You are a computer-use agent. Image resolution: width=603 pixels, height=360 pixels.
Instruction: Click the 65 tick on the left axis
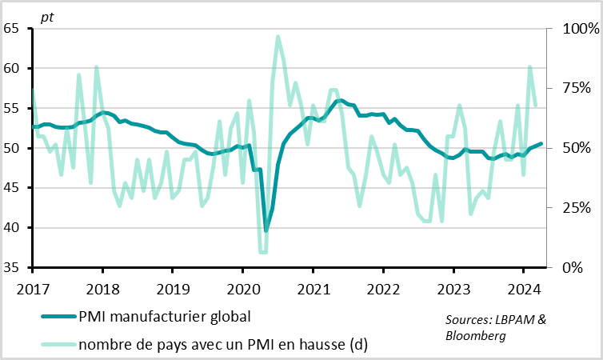click(x=12, y=29)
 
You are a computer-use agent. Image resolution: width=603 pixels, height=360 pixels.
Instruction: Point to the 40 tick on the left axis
click(x=12, y=228)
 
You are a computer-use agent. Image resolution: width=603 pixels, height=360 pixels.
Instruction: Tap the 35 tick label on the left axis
click(x=12, y=268)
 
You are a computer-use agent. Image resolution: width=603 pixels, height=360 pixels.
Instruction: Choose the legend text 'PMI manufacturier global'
click(x=164, y=316)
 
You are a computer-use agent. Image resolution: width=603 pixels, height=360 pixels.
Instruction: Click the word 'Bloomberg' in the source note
click(x=475, y=336)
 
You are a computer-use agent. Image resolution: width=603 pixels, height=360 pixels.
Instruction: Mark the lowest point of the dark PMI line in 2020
click(x=266, y=230)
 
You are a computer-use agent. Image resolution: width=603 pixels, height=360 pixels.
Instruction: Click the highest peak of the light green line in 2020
click(x=278, y=36)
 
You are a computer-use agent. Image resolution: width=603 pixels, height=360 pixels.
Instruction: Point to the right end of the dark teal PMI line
click(x=541, y=144)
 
